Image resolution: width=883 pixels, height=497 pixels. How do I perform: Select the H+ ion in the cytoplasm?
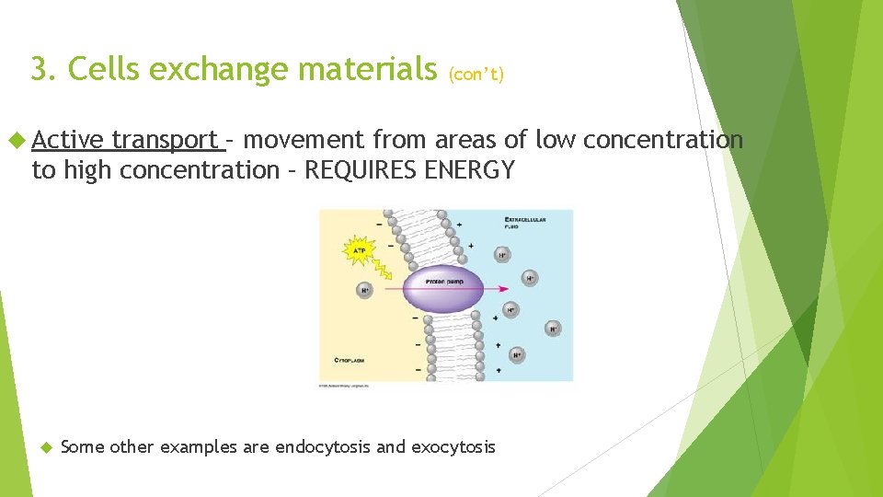coord(365,291)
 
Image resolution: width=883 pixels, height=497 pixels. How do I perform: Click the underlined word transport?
coord(165,140)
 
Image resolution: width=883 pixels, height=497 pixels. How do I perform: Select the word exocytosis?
coord(453,447)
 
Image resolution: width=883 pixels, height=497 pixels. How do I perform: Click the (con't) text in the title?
coord(476,75)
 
